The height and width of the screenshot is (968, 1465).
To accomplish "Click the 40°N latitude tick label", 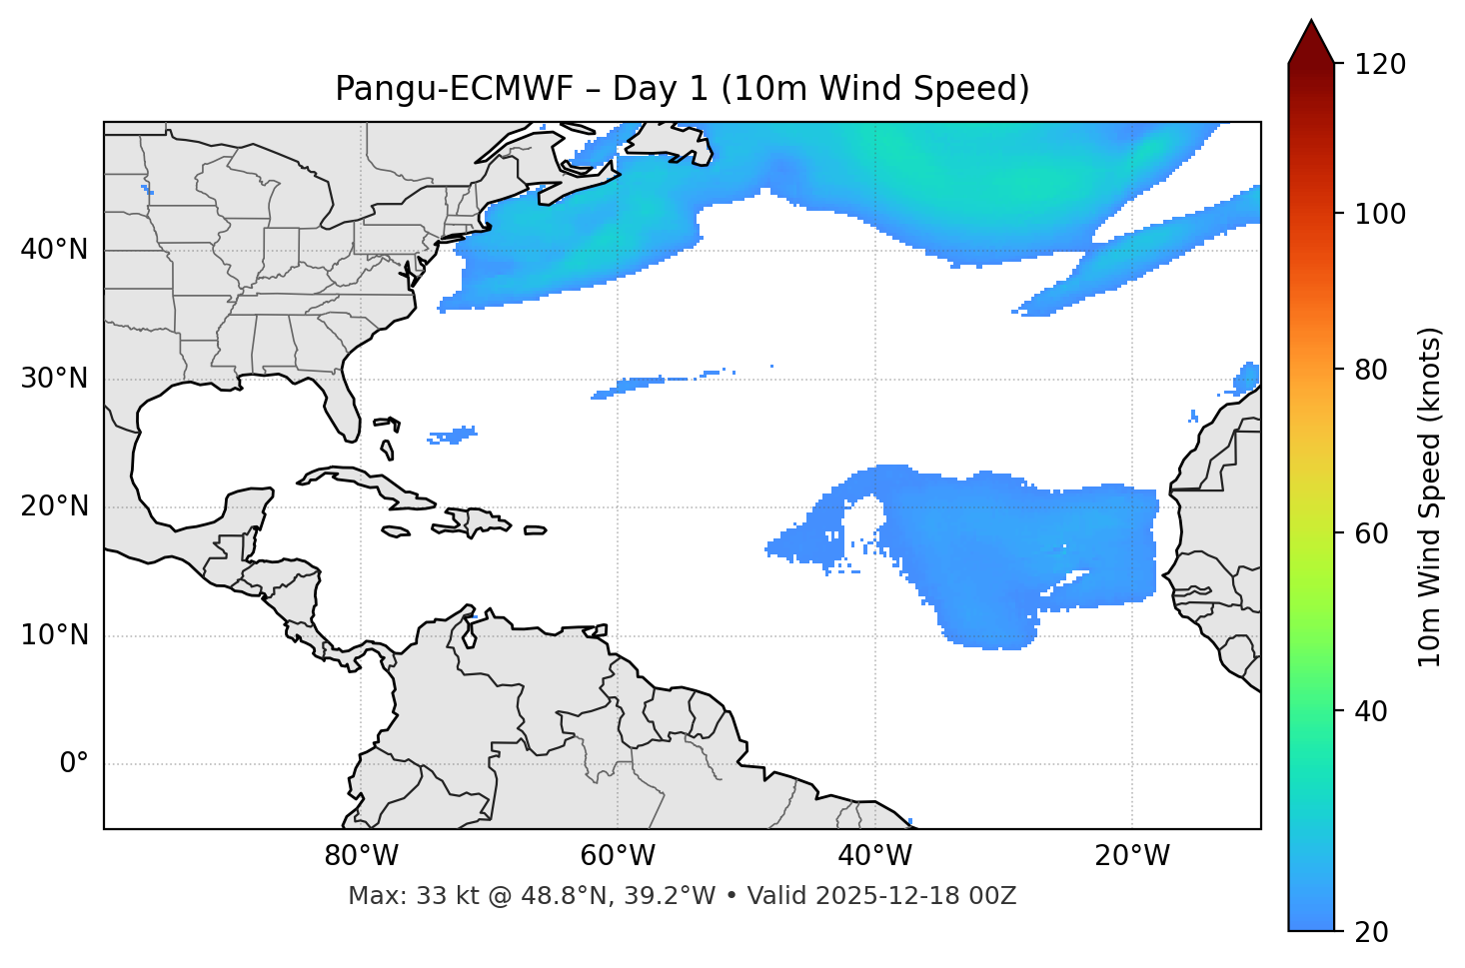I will pyautogui.click(x=54, y=250).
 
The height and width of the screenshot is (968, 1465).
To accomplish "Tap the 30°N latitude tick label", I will pyautogui.click(x=54, y=379).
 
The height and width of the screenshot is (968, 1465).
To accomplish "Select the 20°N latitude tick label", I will pyautogui.click(x=54, y=506).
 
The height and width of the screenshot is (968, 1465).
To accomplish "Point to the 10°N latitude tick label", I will pyautogui.click(x=54, y=635).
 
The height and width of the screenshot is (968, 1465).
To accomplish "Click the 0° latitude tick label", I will pyautogui.click(x=74, y=764).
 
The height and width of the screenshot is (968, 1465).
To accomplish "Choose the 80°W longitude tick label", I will pyautogui.click(x=361, y=856).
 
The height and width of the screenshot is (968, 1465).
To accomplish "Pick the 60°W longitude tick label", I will pyautogui.click(x=618, y=856).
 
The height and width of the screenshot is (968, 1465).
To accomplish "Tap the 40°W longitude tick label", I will pyautogui.click(x=874, y=856).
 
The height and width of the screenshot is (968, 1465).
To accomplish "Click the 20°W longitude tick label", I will pyautogui.click(x=1132, y=856).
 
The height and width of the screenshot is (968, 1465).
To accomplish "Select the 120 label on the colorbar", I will pyautogui.click(x=1381, y=65).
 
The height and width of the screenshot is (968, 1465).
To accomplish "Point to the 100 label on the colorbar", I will pyautogui.click(x=1381, y=214).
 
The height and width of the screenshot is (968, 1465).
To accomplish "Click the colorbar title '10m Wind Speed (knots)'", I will pyautogui.click(x=1430, y=496).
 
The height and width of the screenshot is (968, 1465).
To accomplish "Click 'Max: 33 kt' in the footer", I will pyautogui.click(x=396, y=896).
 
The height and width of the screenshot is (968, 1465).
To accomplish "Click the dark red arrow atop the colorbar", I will pyautogui.click(x=1310, y=42).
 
